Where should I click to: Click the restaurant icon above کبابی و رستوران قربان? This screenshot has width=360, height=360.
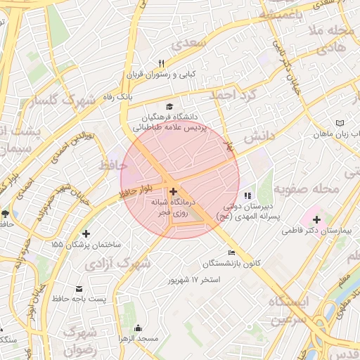pos(161,63)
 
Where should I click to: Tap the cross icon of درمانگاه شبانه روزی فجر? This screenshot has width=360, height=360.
pos(173,191)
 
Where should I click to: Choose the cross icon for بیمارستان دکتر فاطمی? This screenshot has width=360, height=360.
pos(316,219)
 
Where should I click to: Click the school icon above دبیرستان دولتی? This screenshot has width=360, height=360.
pos(246,195)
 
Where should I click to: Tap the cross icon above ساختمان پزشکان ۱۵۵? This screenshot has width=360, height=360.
pos(86,233)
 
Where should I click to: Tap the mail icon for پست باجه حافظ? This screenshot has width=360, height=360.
pos(78,288)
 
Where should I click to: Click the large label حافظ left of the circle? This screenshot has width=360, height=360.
pos(113,165)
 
